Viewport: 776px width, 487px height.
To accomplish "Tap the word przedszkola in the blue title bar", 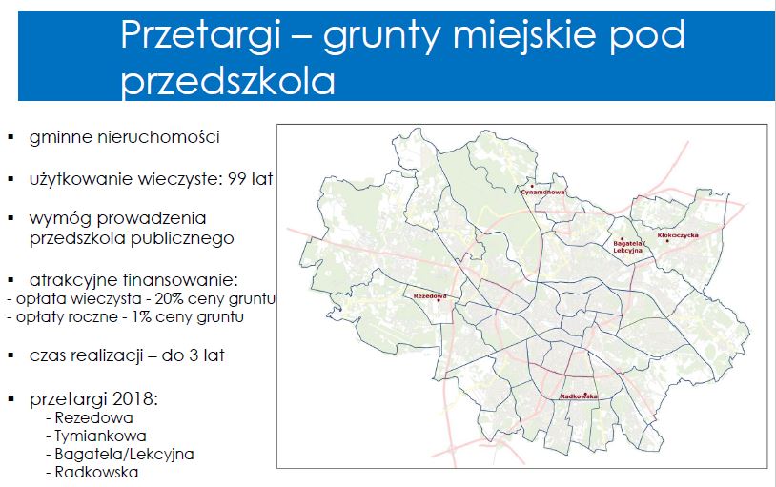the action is point(228,81).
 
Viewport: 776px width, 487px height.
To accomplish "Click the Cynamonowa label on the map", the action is point(542,192).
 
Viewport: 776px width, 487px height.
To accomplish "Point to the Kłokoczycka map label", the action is point(678,235).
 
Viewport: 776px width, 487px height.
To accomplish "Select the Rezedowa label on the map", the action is point(430,296).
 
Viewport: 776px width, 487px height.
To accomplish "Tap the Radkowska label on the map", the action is point(579,396).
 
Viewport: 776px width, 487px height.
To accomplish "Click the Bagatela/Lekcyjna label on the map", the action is point(628,247).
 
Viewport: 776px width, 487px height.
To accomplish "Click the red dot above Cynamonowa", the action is point(532,187).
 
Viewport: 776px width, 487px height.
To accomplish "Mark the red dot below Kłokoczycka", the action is point(667,241).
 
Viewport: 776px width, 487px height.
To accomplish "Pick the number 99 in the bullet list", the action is point(237,179).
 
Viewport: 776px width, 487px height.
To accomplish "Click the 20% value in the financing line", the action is point(168,299).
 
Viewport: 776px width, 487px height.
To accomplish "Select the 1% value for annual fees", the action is point(141,316).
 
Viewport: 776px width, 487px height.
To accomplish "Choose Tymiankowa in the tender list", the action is point(100,436).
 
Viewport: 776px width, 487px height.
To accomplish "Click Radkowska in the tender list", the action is point(96,472).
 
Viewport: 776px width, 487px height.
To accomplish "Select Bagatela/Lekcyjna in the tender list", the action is point(124,455).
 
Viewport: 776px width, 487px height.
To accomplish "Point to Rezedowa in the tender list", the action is point(93,417).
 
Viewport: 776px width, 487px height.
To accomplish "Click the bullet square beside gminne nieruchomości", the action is point(11,137).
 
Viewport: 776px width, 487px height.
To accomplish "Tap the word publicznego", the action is point(182,239).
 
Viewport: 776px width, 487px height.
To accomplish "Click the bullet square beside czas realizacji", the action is point(11,355).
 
